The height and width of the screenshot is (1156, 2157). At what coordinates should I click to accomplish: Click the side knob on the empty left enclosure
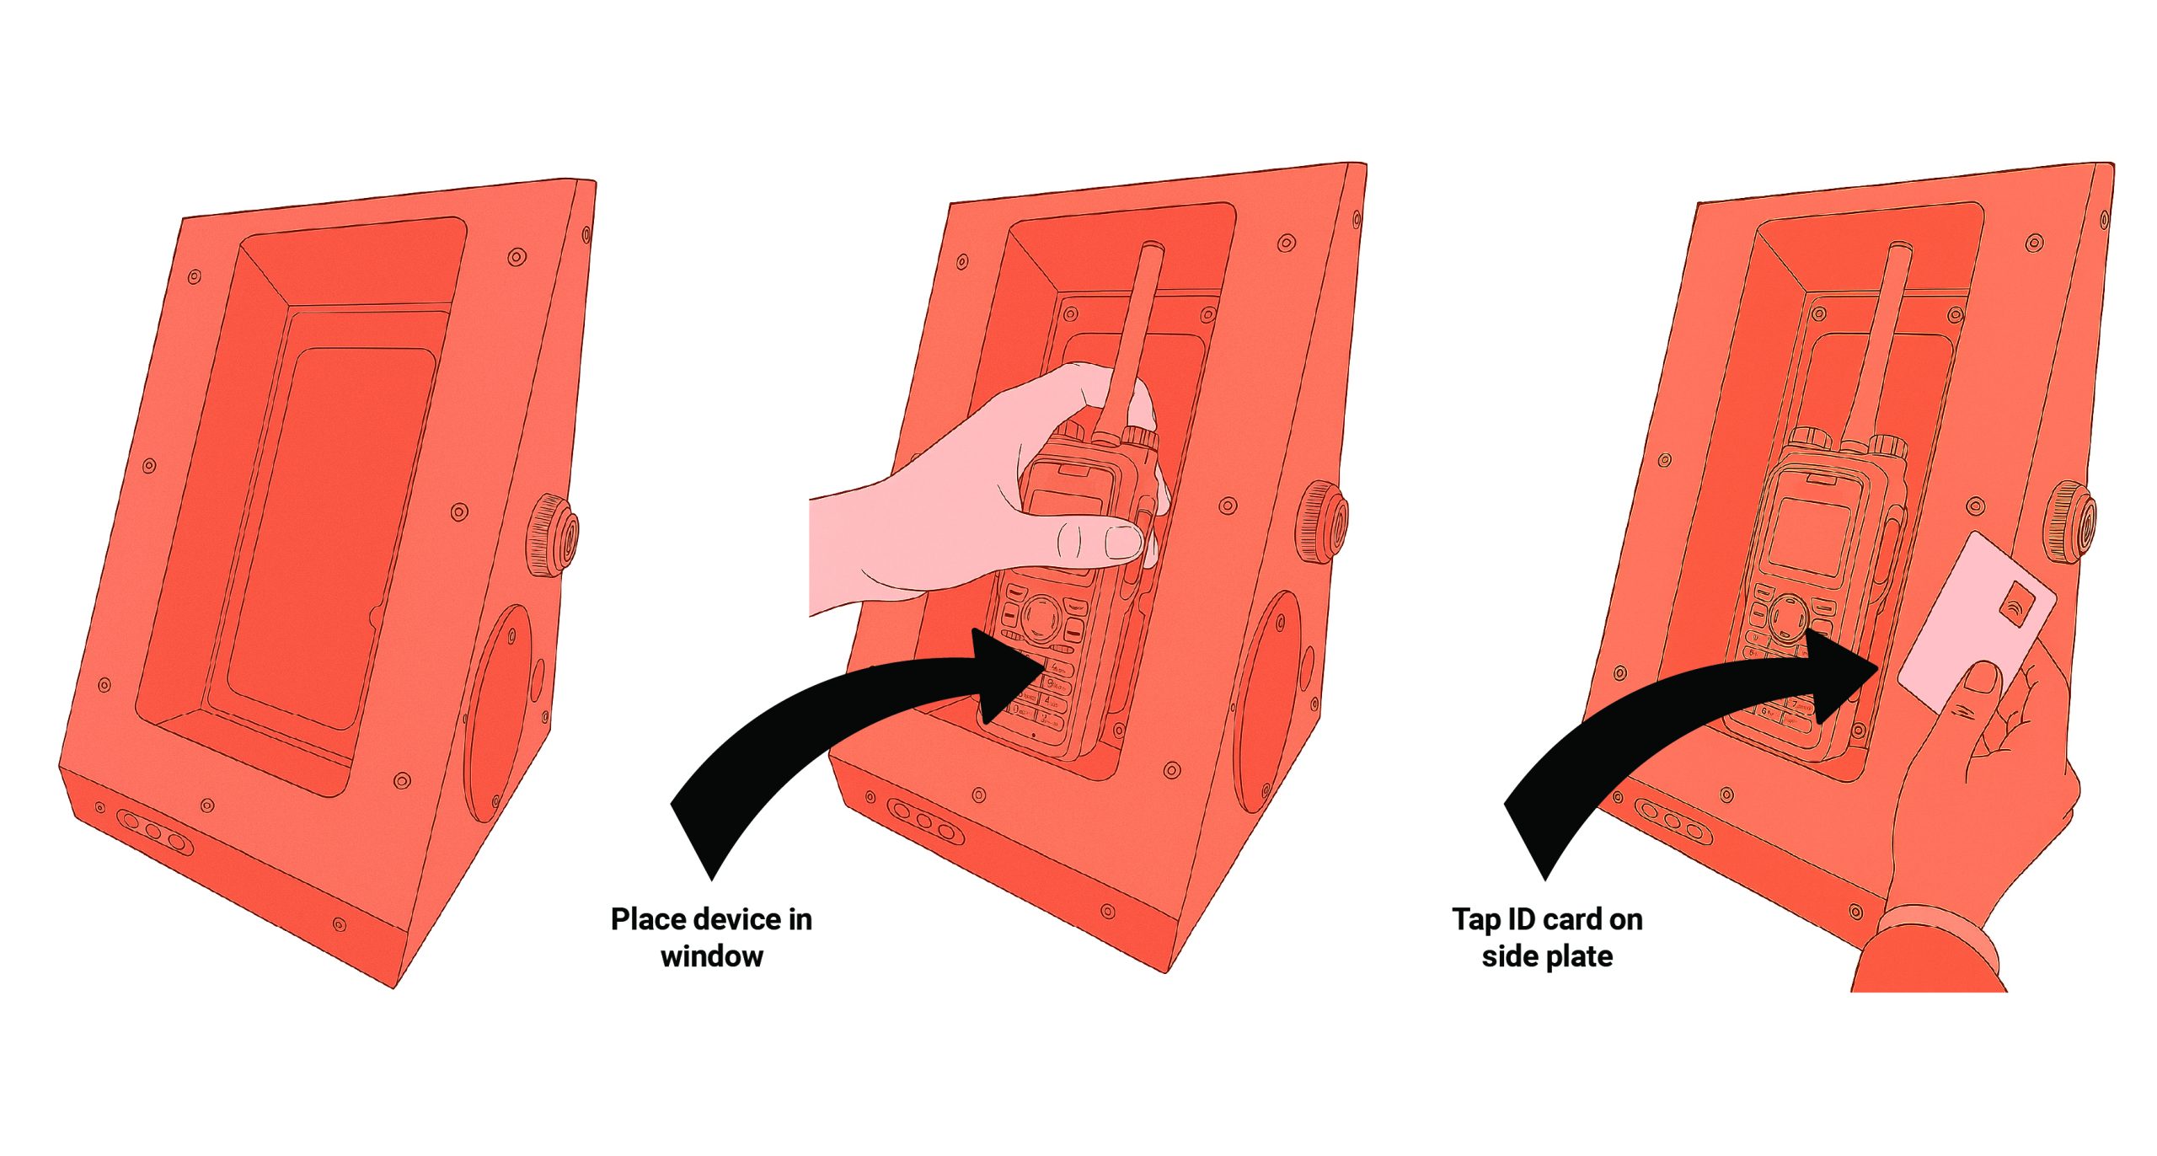pyautogui.click(x=553, y=536)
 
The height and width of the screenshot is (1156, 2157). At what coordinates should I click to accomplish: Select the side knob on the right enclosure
pyautogui.click(x=2071, y=520)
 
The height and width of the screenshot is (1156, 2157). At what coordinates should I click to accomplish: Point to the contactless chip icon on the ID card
pyautogui.click(x=2015, y=603)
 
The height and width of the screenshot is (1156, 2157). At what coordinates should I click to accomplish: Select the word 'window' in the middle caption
pyautogui.click(x=712, y=956)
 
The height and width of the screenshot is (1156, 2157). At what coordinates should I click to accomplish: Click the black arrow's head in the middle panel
pyautogui.click(x=1007, y=673)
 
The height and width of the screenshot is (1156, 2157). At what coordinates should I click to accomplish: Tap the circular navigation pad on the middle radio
pyautogui.click(x=1042, y=617)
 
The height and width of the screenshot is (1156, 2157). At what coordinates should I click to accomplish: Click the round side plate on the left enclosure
pyautogui.click(x=499, y=712)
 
